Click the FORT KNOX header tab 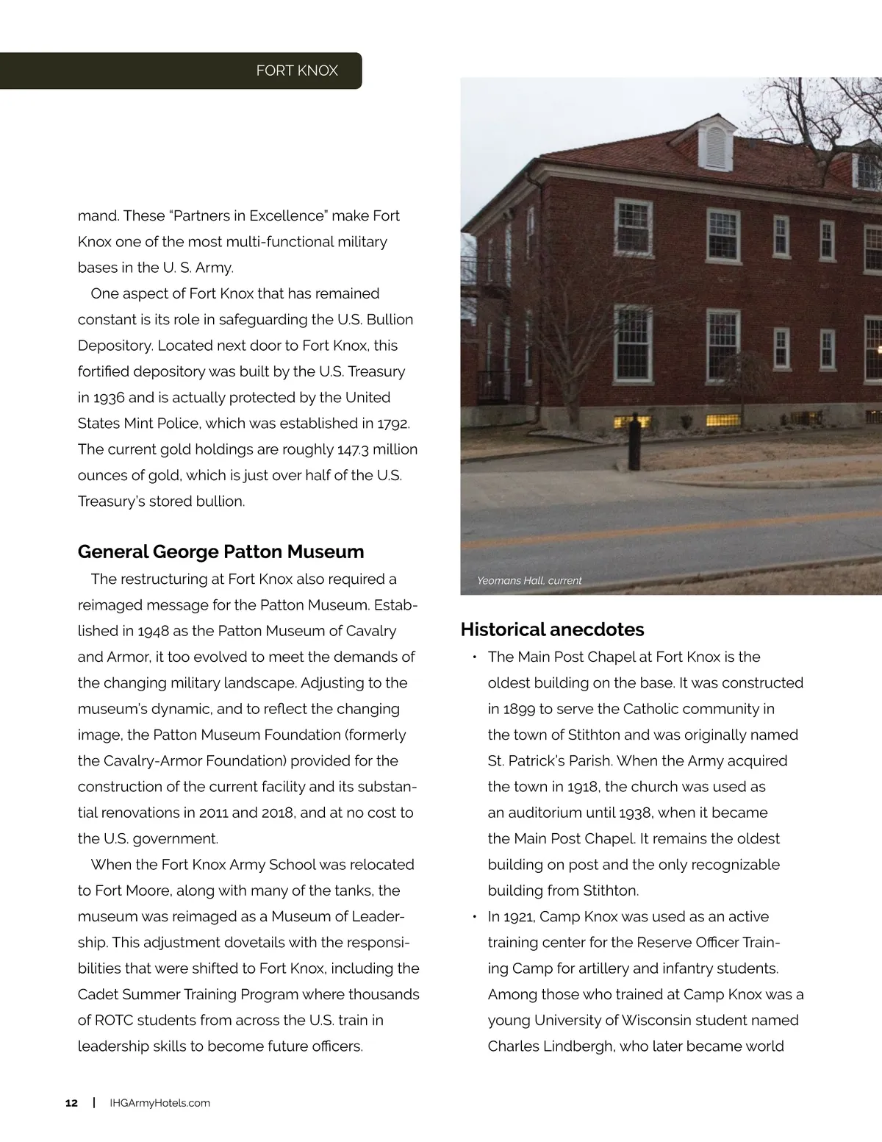[296, 71]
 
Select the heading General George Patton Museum [220, 552]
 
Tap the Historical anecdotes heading [552, 629]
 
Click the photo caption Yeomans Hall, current [529, 580]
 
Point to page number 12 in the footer [71, 1103]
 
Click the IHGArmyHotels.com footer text [159, 1103]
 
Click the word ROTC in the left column [115, 1021]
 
